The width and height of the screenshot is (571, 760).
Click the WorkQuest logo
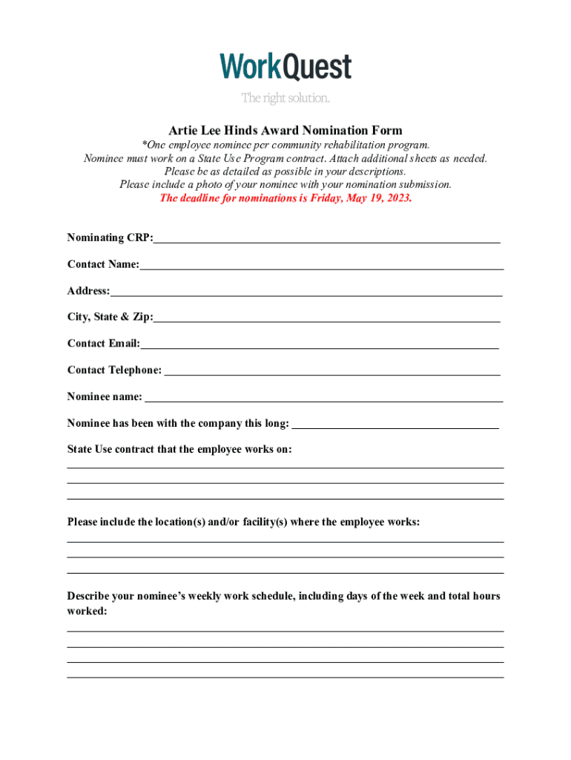285,68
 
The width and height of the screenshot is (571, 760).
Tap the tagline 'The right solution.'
285,98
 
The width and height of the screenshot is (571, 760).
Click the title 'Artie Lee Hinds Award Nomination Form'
285,130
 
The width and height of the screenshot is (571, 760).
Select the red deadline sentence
285,198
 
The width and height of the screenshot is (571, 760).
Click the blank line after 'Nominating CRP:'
326,237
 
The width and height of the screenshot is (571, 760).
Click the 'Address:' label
88,291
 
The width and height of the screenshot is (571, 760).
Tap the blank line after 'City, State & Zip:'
326,317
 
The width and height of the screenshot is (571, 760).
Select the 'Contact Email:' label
103,344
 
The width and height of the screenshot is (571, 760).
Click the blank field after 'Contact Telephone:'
331,370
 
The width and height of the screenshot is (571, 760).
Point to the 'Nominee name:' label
105,397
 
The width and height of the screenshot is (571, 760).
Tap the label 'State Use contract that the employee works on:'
179,449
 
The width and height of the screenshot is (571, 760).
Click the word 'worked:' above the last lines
87,611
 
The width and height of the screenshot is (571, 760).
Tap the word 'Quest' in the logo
317,68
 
